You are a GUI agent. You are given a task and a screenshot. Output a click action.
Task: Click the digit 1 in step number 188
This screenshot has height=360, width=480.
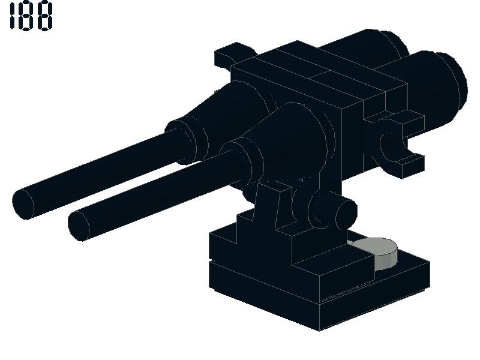(x=13, y=16)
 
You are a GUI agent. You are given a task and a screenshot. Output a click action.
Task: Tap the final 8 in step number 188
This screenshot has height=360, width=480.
(x=46, y=16)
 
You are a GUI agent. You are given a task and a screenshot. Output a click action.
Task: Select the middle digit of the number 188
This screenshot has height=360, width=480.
(x=28, y=16)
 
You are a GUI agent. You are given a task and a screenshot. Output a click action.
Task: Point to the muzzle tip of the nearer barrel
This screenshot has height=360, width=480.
(x=79, y=226)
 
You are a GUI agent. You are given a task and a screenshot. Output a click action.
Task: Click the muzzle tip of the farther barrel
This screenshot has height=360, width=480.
(x=23, y=203)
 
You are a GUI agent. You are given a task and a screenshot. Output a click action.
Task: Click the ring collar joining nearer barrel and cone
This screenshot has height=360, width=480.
(x=242, y=162)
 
